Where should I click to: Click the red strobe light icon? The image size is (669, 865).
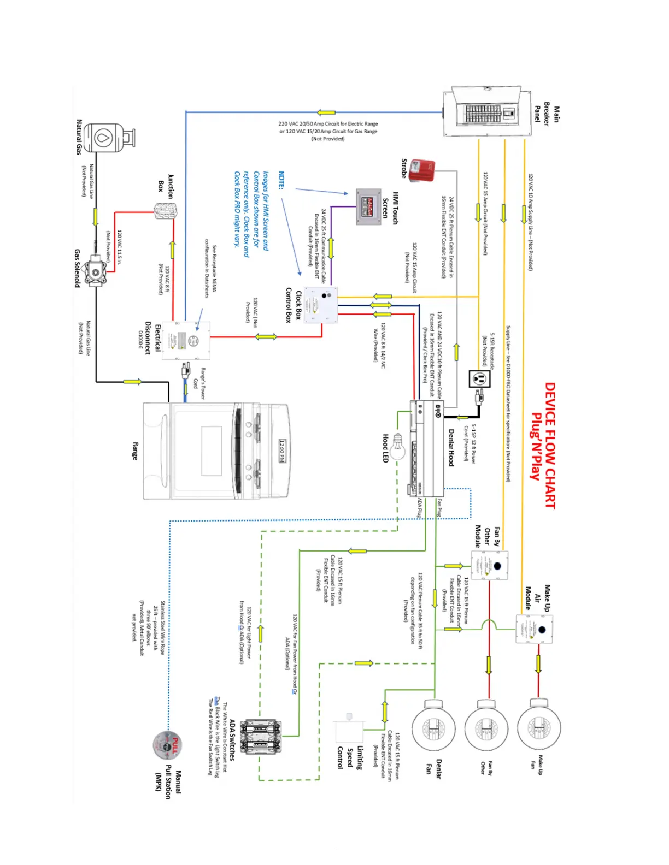pyautogui.click(x=422, y=170)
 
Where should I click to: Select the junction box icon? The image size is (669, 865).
pyautogui.click(x=165, y=211)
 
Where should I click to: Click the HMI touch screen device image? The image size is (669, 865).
pyautogui.click(x=368, y=207)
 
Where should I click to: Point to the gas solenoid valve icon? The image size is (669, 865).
pyautogui.click(x=97, y=270)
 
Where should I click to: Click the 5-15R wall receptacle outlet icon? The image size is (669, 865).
pyautogui.click(x=480, y=378)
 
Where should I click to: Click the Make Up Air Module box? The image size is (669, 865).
pyautogui.click(x=535, y=629)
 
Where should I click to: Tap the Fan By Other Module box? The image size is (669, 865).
pyautogui.click(x=490, y=565)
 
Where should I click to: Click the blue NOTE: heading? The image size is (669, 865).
pyautogui.click(x=281, y=180)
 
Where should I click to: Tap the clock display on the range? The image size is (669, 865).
pyautogui.click(x=282, y=451)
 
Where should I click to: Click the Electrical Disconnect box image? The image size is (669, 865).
pyautogui.click(x=186, y=340)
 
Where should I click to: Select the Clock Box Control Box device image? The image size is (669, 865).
pyautogui.click(x=321, y=304)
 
